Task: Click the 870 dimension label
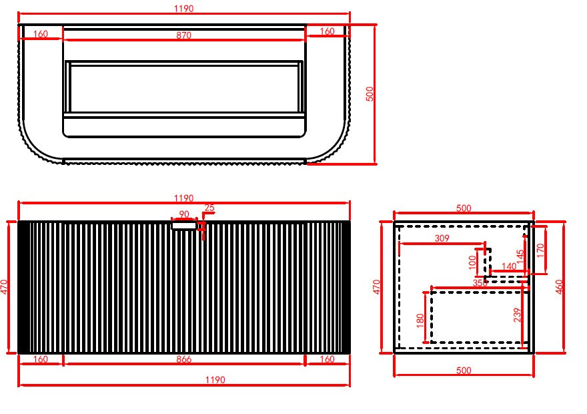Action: click(x=183, y=35)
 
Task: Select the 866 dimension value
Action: click(x=183, y=359)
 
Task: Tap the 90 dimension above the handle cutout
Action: click(x=184, y=214)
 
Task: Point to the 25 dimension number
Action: click(x=209, y=208)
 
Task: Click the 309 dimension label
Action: click(x=442, y=238)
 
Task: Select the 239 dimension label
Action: click(x=518, y=315)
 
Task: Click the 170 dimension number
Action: click(x=540, y=250)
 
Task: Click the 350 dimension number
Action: click(x=480, y=283)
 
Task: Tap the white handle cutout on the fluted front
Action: click(x=183, y=226)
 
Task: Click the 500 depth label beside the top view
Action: click(x=370, y=93)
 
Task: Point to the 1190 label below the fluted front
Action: click(x=215, y=380)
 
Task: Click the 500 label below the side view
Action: click(x=463, y=371)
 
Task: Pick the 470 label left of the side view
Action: click(x=376, y=286)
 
